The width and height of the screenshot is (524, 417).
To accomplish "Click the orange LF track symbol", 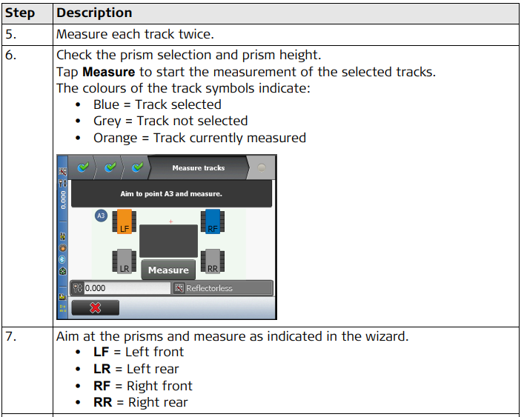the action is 125,221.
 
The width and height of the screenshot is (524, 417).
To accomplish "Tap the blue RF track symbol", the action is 213,221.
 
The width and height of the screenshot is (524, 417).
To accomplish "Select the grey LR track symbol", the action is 125,261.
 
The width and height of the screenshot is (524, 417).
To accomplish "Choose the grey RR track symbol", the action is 213,261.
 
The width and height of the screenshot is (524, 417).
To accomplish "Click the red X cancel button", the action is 96,307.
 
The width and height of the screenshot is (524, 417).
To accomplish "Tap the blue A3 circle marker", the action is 101,216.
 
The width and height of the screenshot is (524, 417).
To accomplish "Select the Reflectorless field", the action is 222,288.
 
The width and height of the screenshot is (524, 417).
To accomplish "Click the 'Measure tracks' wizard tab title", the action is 199,168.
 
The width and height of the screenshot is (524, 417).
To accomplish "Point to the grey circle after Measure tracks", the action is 262,167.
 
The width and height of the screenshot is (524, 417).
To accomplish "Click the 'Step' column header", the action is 20,13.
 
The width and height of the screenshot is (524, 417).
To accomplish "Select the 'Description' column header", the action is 94,13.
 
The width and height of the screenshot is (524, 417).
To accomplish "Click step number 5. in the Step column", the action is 10,34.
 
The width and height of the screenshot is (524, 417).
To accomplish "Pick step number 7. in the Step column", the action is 10,336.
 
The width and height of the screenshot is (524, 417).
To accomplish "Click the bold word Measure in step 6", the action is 109,72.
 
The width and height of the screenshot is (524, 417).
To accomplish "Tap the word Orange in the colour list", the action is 116,139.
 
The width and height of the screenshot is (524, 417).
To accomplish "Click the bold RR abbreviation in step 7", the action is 102,402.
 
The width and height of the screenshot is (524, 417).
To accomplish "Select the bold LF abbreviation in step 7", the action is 102,352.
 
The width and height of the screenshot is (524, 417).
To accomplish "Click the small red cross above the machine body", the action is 170,221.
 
